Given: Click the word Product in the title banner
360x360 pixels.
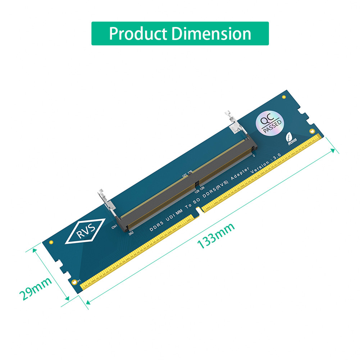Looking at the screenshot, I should tap(138, 34).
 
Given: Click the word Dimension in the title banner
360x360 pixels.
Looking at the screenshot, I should tap(211, 34).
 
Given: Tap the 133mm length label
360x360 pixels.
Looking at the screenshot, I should tap(216, 236).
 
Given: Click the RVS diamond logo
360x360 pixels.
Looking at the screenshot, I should tap(85, 231).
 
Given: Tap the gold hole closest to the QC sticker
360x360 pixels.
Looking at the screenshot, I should tap(284, 97).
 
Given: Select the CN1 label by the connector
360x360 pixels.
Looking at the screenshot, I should tap(114, 227).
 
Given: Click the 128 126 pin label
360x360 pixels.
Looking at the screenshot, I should tap(200, 188).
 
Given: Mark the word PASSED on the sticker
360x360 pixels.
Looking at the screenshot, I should tap(272, 126).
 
